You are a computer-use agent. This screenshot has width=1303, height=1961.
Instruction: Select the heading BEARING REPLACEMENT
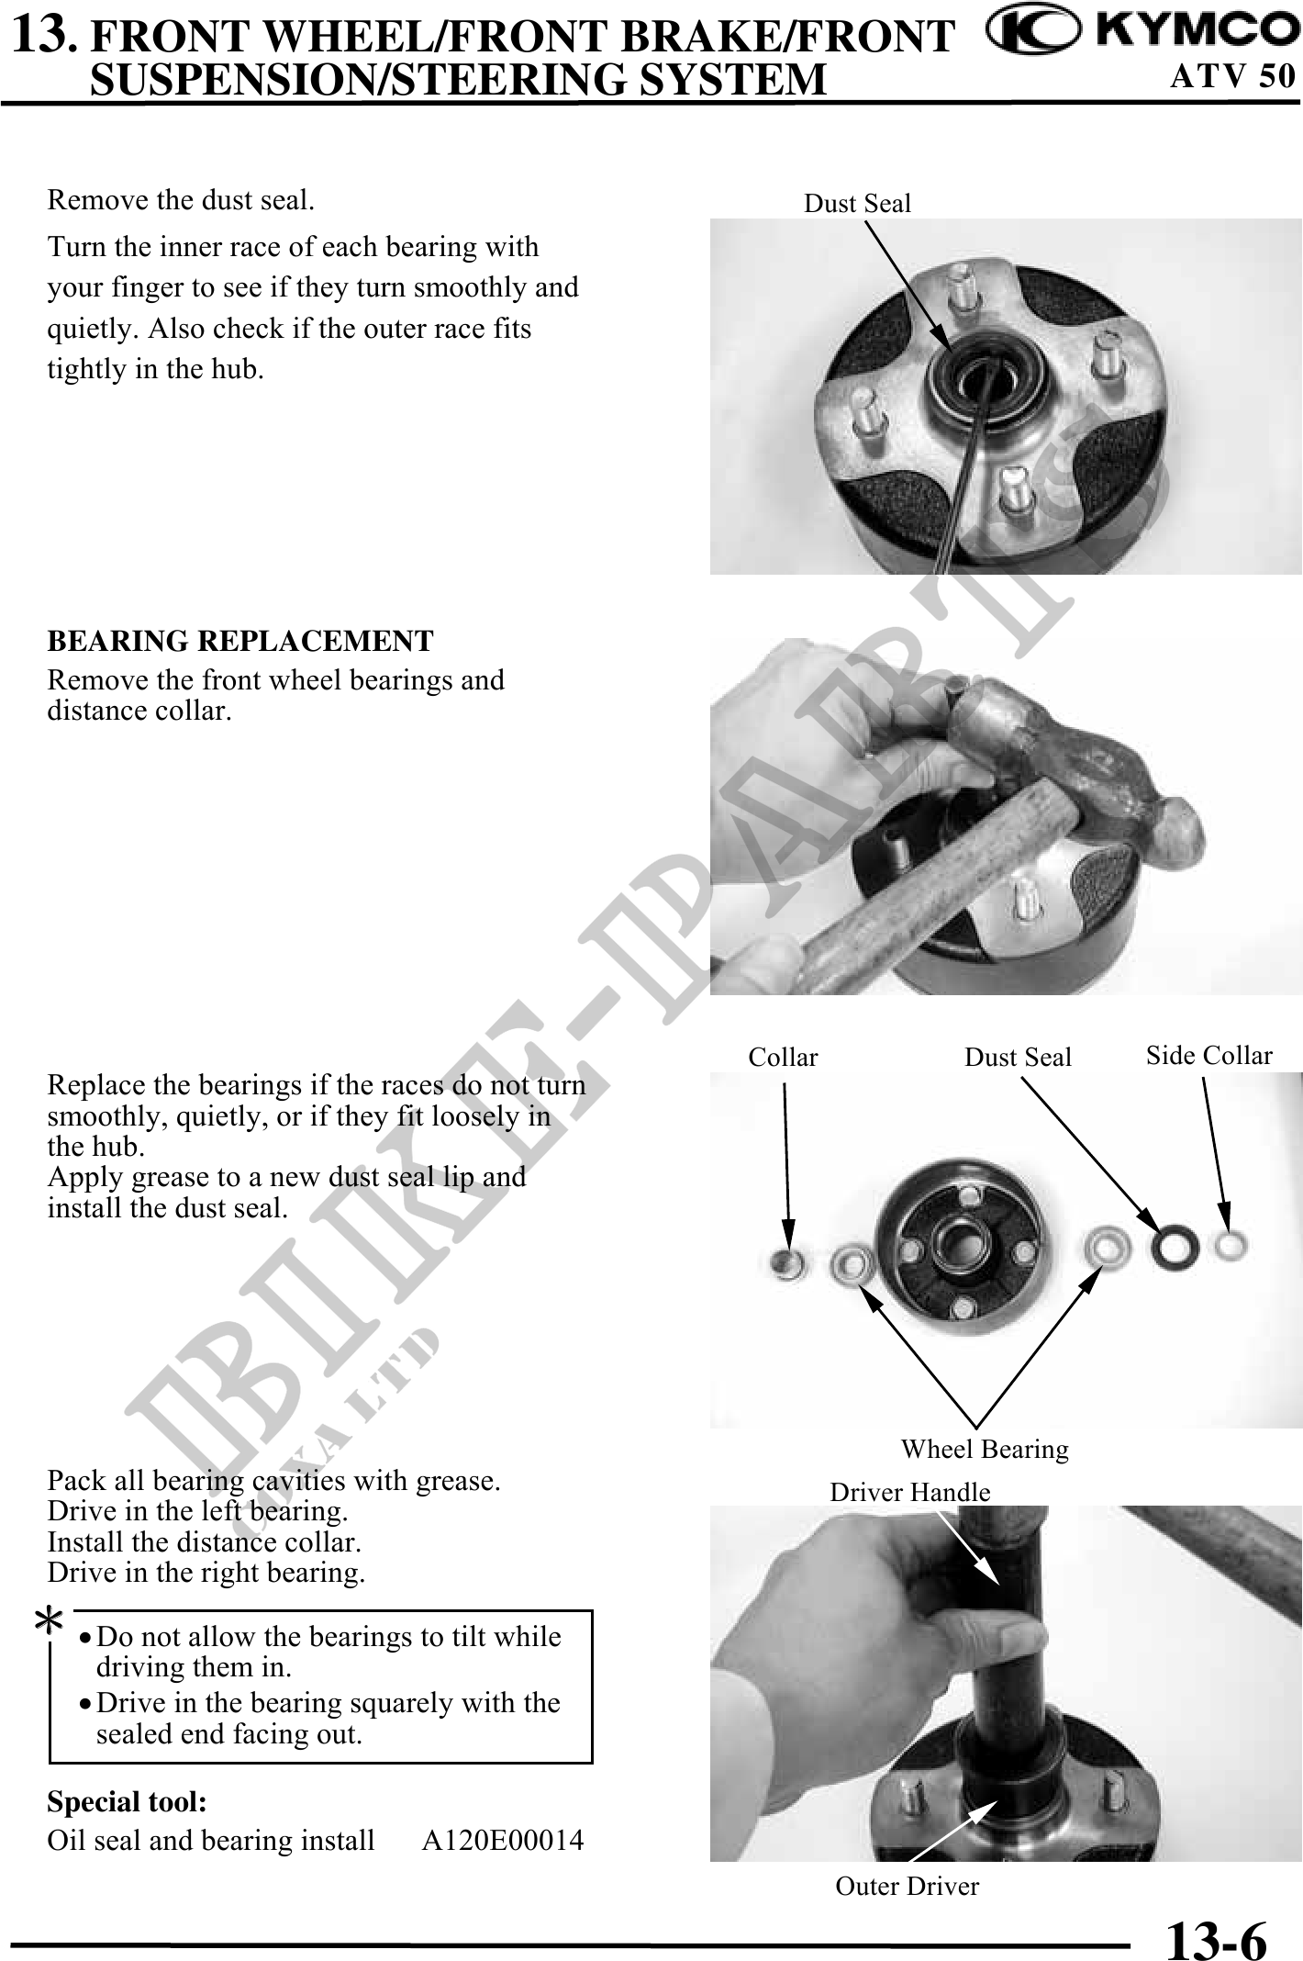(x=240, y=641)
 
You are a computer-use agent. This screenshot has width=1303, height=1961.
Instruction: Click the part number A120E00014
(x=503, y=1841)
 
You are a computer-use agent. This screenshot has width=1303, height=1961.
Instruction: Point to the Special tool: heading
(x=127, y=1802)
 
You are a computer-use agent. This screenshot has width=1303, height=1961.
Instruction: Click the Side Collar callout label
(x=1209, y=1056)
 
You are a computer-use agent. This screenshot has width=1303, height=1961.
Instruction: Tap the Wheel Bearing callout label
(x=985, y=1449)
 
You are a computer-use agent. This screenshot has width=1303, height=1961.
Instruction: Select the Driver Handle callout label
(x=910, y=1492)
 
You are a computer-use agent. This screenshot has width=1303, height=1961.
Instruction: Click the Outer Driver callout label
(x=908, y=1886)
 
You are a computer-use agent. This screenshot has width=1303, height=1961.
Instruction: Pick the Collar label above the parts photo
(x=783, y=1058)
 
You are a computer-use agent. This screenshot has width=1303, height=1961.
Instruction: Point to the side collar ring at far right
(x=1229, y=1246)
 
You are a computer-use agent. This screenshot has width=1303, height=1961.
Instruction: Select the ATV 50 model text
(x=1232, y=75)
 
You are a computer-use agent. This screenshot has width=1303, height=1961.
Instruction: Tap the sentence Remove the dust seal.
(x=181, y=200)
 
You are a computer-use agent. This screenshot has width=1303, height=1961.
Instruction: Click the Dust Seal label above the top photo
(x=858, y=204)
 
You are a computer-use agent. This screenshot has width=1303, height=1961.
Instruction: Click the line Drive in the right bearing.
(x=206, y=1573)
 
